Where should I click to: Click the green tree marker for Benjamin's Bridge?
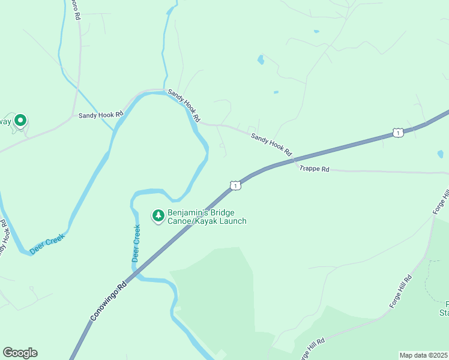click(x=158, y=215)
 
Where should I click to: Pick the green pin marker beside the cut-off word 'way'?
click(x=20, y=121)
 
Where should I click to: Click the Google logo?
click(x=20, y=353)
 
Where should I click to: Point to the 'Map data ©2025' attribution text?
click(x=423, y=355)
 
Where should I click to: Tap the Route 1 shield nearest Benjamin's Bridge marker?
click(x=236, y=186)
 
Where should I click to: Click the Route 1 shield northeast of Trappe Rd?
click(x=397, y=133)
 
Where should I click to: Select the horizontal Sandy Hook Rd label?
click(x=100, y=113)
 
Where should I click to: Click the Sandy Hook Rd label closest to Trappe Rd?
click(x=271, y=145)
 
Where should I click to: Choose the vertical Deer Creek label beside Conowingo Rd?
click(x=136, y=243)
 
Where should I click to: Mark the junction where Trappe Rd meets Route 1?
click(x=295, y=160)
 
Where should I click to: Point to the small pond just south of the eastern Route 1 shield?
click(x=441, y=154)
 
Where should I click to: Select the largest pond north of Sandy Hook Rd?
click(x=261, y=59)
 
